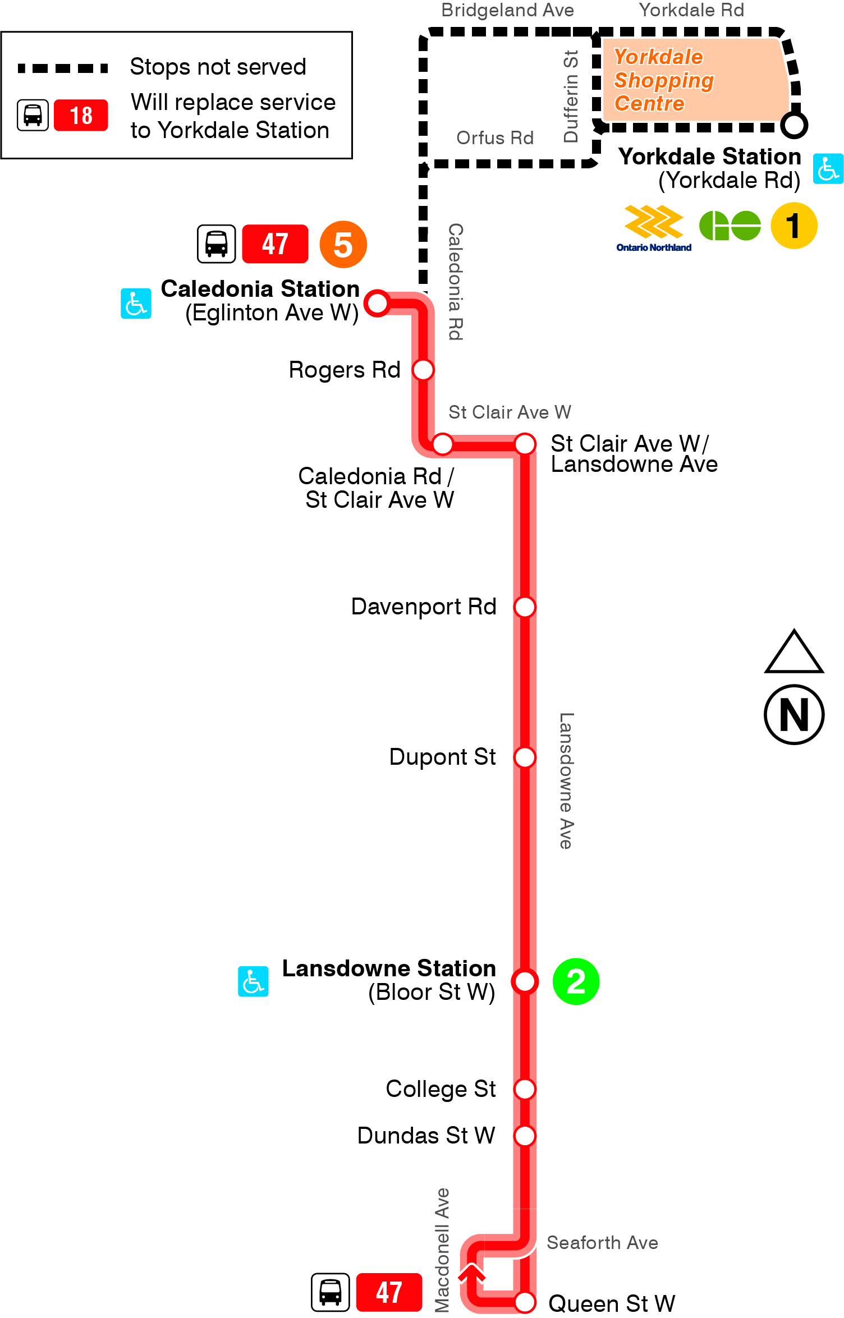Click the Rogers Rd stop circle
(423, 370)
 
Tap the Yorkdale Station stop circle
(794, 125)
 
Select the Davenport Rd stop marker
(525, 607)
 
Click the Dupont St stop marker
(525, 757)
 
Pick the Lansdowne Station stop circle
(525, 981)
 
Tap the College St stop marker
(525, 1089)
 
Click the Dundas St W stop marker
(525, 1136)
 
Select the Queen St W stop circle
(525, 1302)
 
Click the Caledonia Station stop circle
(378, 304)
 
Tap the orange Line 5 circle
(343, 245)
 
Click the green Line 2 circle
(576, 981)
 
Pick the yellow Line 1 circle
(793, 226)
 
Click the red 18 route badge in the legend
(81, 116)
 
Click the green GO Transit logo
(730, 226)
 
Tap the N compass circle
(793, 714)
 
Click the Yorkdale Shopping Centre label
(663, 80)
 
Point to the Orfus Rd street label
(494, 138)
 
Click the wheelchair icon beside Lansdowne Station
(253, 981)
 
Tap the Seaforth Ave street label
(602, 1243)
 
